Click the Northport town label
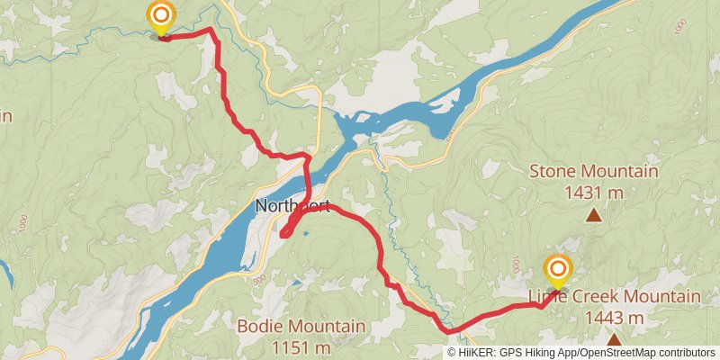tap(292, 206)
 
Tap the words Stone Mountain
tap(593, 171)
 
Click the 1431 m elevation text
tap(593, 191)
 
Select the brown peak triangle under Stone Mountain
tap(593, 215)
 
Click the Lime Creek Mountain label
tap(614, 298)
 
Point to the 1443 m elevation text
tap(614, 318)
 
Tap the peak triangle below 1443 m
tap(614, 340)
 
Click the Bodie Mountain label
tap(301, 326)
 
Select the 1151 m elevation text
tap(301, 346)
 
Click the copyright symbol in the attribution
tap(453, 353)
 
